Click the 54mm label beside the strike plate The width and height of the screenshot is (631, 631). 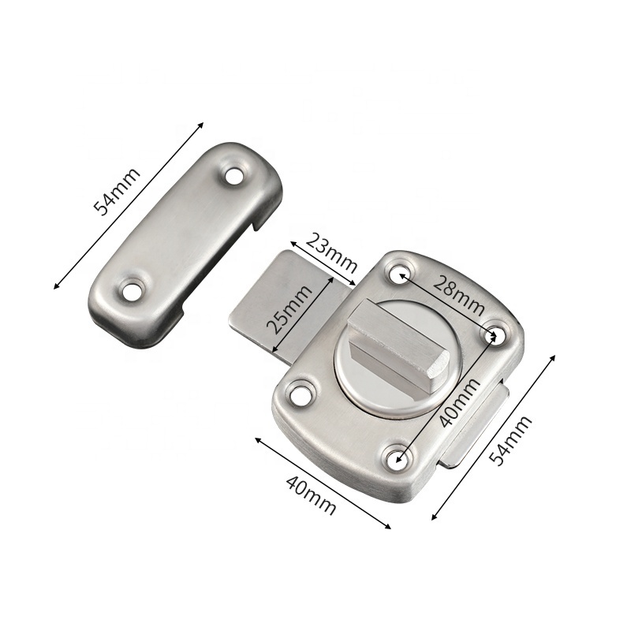click(x=116, y=192)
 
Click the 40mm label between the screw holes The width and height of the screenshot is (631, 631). click(x=459, y=402)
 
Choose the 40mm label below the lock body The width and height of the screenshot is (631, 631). click(x=311, y=496)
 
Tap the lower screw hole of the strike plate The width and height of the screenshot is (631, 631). click(x=133, y=292)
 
